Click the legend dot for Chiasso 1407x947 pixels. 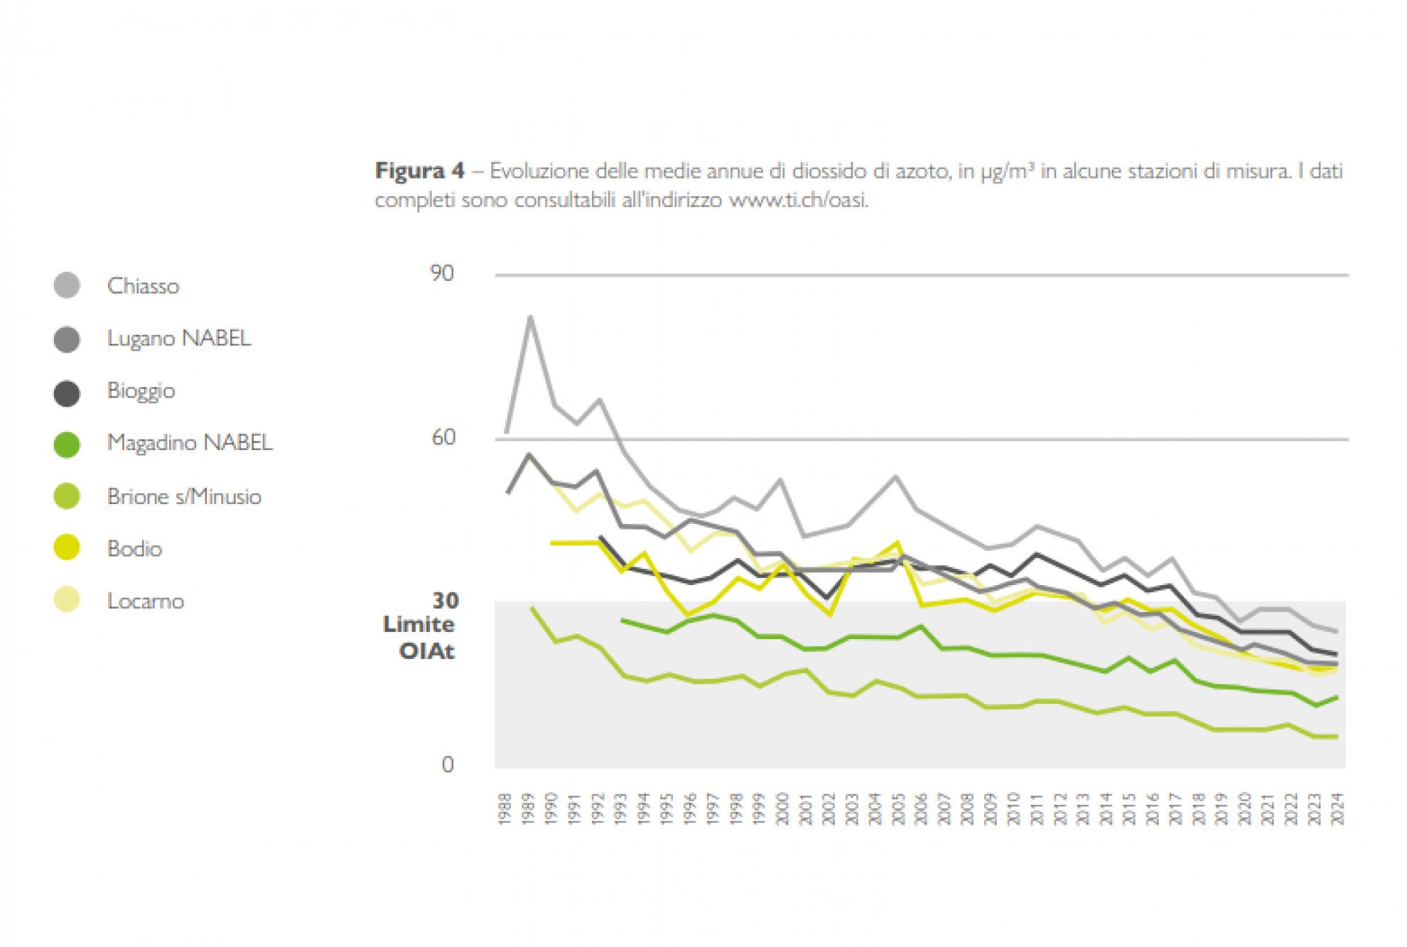coord(67,286)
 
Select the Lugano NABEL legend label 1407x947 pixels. coord(178,338)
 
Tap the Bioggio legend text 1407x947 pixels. coord(141,391)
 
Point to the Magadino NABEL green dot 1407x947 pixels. coord(67,444)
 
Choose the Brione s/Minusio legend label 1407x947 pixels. coord(184,496)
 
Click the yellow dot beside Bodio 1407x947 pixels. coord(67,548)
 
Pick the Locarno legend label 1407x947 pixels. coord(145,601)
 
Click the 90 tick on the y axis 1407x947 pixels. coord(442,274)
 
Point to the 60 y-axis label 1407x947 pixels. coord(443,437)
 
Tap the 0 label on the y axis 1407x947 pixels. coord(448,765)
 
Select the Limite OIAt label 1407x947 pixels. coord(419,638)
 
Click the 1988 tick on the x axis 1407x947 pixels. coord(505,809)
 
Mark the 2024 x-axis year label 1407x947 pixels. coord(1337,809)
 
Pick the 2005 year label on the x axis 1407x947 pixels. coord(898,809)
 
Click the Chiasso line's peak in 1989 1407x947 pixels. coord(530,318)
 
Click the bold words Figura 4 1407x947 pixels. coord(419,171)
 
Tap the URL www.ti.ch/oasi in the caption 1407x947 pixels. coord(798,200)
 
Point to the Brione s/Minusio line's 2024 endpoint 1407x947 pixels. coord(1337,737)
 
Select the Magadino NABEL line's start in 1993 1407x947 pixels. coord(622,620)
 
